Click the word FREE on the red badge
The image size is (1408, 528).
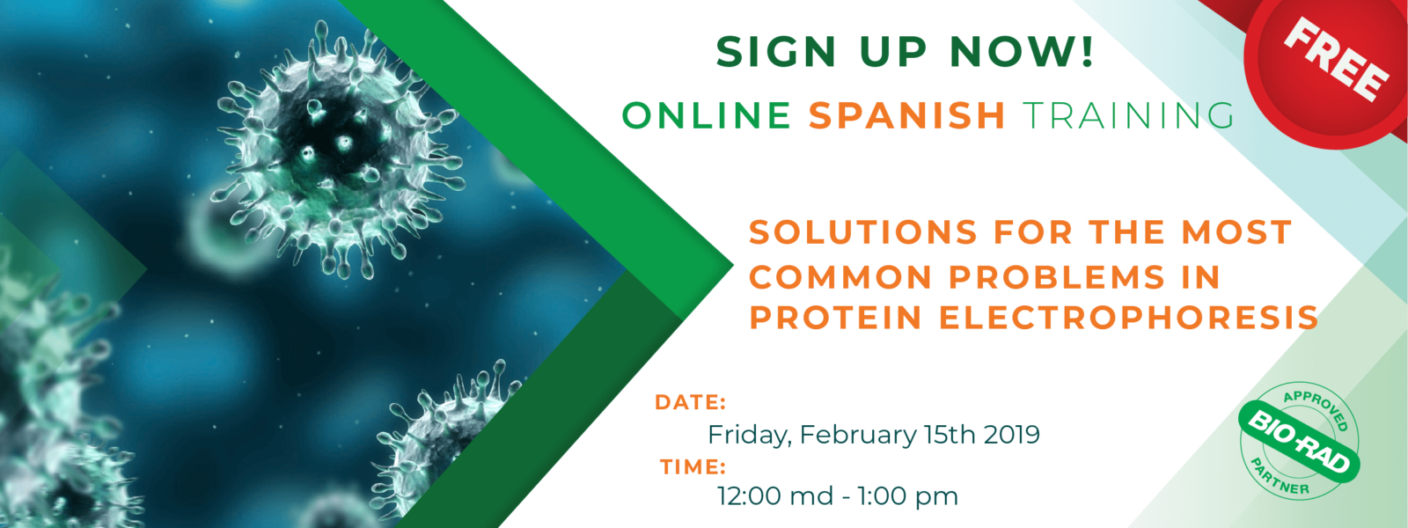pyautogui.click(x=1335, y=60)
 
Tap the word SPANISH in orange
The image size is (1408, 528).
pyautogui.click(x=907, y=115)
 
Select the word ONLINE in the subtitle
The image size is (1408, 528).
pyautogui.click(x=707, y=115)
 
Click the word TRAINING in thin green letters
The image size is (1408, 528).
pyautogui.click(x=1128, y=115)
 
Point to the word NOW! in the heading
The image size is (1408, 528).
pyautogui.click(x=1022, y=51)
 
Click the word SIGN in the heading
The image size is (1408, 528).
pyautogui.click(x=775, y=51)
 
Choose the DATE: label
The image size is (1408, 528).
pyautogui.click(x=690, y=402)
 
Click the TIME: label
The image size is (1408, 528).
pyautogui.click(x=693, y=467)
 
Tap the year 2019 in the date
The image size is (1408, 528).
pyautogui.click(x=1011, y=435)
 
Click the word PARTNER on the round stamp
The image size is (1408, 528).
pyautogui.click(x=1279, y=478)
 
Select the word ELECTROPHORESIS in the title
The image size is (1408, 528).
pyautogui.click(x=1128, y=318)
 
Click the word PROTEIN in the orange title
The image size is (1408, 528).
pyautogui.click(x=835, y=318)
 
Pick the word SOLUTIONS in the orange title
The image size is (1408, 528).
pyautogui.click(x=863, y=232)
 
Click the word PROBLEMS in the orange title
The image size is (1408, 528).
pyautogui.click(x=1057, y=277)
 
